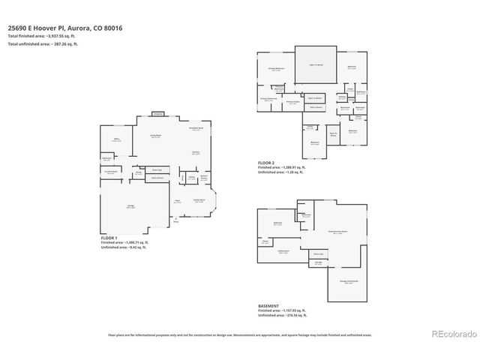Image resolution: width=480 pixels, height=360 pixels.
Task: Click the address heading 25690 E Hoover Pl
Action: click(64, 28)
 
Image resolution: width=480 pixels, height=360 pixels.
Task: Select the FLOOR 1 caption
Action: click(112, 237)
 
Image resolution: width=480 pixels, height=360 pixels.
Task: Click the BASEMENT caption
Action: click(268, 306)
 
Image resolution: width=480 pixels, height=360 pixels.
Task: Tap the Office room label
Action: click(116, 139)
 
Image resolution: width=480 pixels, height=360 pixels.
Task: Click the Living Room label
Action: click(157, 136)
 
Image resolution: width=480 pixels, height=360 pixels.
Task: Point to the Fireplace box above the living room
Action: click(157, 113)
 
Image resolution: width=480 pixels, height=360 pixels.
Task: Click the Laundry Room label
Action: click(109, 173)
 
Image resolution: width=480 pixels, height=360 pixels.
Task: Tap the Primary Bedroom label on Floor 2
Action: click(277, 68)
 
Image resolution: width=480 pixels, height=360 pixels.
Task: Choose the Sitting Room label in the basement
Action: click(283, 253)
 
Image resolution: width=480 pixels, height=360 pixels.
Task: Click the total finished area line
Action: click(43, 37)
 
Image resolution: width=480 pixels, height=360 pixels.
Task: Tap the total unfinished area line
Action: click(43, 44)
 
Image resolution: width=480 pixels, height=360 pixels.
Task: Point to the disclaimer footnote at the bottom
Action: click(240, 335)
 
